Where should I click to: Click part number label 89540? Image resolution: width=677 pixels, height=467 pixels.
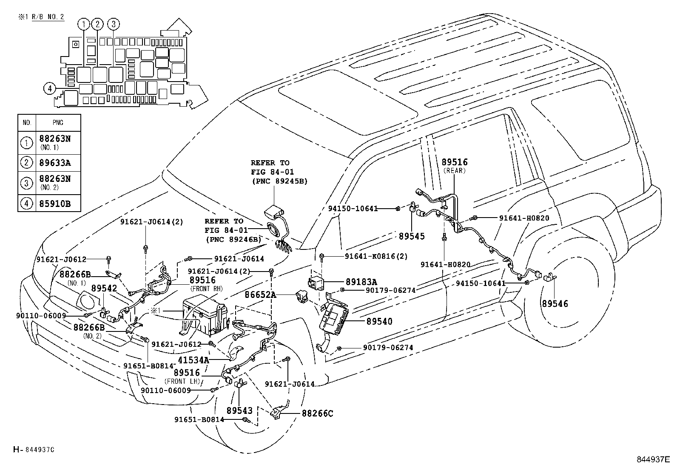[x=379, y=322]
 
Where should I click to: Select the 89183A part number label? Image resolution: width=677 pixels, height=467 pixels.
[x=361, y=282]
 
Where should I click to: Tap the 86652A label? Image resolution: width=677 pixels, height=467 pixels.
[x=260, y=294]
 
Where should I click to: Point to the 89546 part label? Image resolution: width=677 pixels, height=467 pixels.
[x=555, y=304]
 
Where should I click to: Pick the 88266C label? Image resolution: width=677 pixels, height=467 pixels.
[x=317, y=413]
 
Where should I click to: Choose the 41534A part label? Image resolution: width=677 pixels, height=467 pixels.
[x=193, y=360]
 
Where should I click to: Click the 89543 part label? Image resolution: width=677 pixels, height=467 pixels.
[x=239, y=410]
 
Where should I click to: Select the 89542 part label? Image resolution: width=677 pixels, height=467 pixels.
[x=104, y=289]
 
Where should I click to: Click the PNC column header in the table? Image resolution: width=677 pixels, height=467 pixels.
[x=58, y=123]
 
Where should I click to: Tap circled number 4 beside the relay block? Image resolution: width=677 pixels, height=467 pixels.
[x=50, y=88]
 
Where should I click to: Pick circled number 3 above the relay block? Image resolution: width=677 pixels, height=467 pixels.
[x=113, y=24]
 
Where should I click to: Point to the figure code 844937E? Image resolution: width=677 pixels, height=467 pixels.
[x=653, y=459]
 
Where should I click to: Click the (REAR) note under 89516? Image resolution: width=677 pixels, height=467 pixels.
[x=454, y=171]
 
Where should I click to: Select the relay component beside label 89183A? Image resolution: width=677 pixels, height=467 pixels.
[x=317, y=283]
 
